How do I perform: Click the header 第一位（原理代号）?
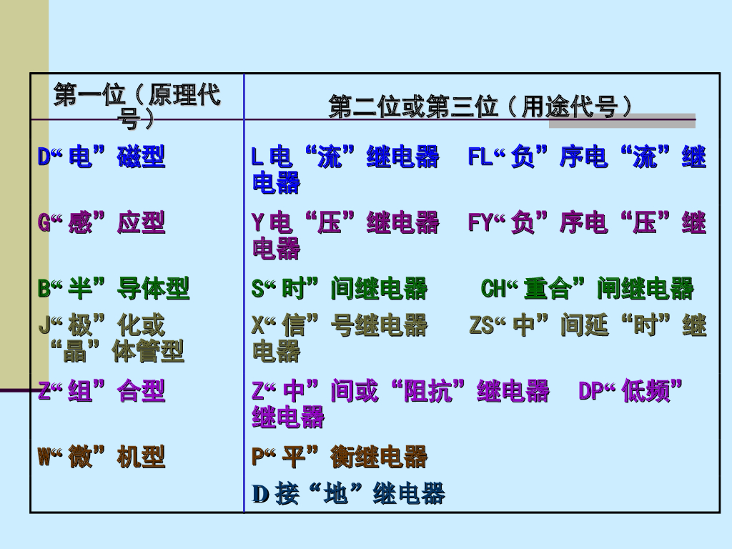point(137,106)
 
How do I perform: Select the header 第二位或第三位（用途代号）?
point(480,107)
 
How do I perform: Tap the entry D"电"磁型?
point(102,157)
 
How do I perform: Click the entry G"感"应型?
point(102,223)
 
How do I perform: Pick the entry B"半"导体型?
point(114,289)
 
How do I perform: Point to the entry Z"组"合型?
point(102,391)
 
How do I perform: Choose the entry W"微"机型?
point(102,457)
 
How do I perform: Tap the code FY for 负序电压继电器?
point(480,223)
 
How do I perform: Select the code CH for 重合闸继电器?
point(493,289)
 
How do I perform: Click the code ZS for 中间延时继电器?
point(481,326)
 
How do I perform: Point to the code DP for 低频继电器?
point(591,391)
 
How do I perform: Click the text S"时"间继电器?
point(340,289)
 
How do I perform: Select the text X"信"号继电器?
point(340,326)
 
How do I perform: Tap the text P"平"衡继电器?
point(340,457)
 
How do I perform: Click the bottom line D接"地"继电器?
point(349,493)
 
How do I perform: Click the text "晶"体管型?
point(118,351)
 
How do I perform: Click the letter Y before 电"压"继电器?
point(257,223)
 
